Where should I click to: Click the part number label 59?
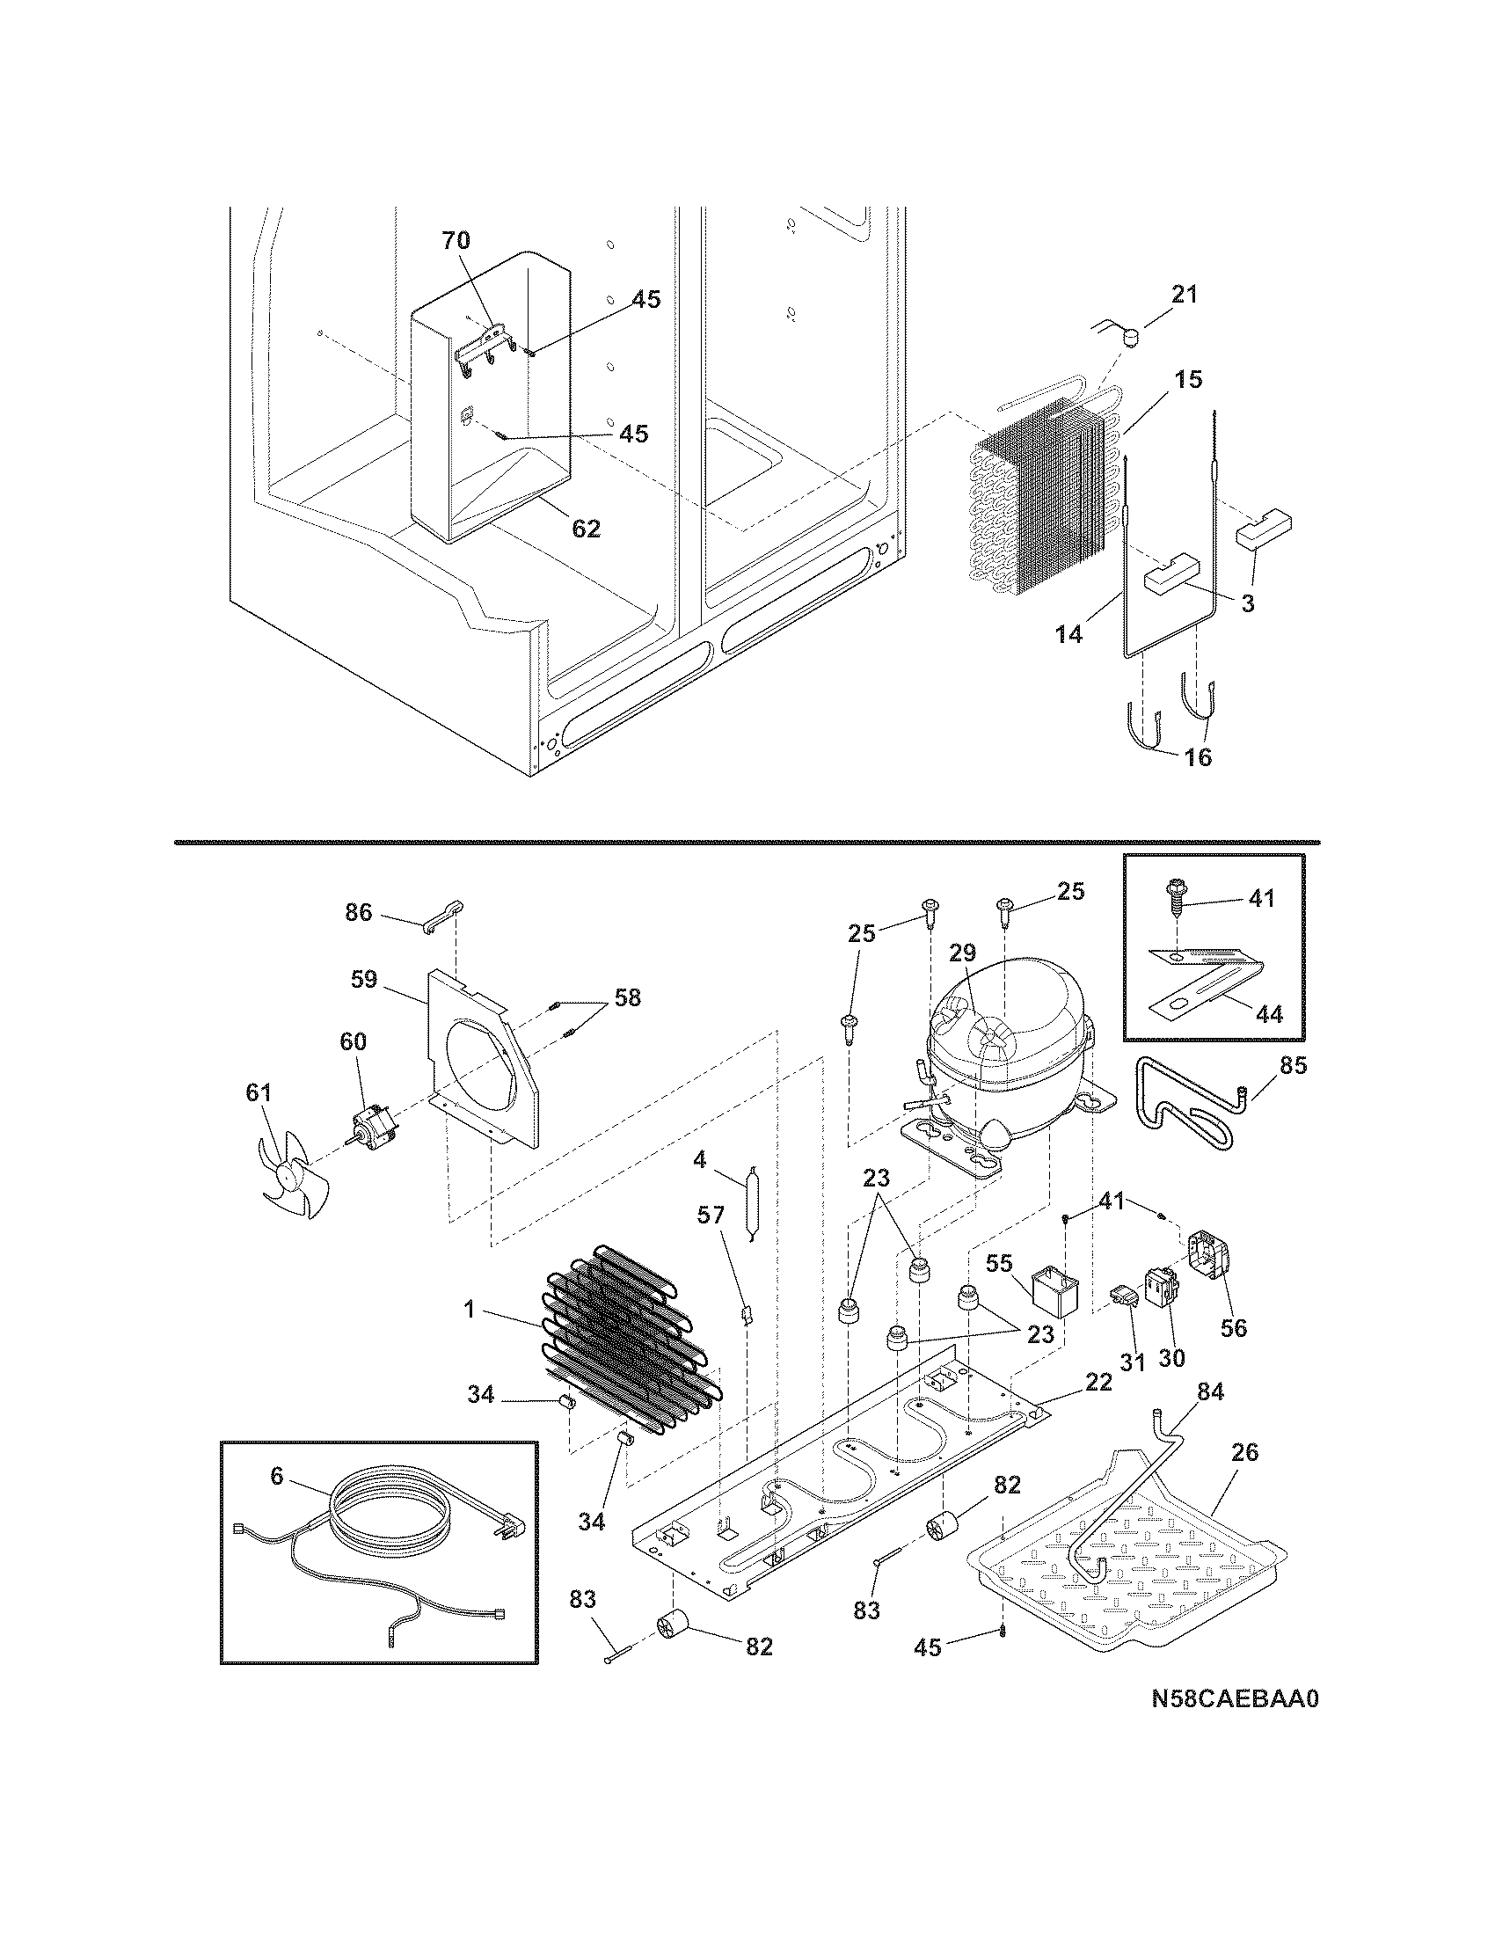(364, 979)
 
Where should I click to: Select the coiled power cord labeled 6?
(390, 1520)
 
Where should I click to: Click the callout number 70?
(456, 240)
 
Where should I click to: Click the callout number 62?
(587, 529)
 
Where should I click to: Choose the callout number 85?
(1293, 1065)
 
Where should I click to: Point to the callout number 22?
(1098, 1382)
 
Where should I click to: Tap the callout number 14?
(1069, 634)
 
